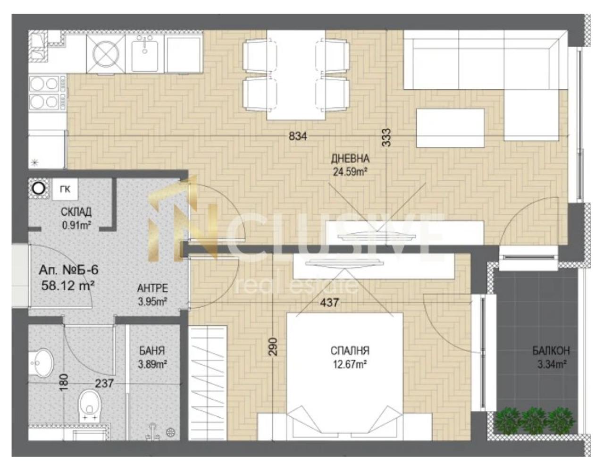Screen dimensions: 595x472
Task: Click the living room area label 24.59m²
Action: click(x=350, y=172)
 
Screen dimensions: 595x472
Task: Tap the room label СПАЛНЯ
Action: click(x=350, y=351)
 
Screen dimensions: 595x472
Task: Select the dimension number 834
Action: click(x=298, y=136)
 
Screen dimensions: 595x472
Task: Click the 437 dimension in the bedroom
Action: click(x=329, y=303)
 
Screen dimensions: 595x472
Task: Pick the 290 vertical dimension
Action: click(x=273, y=346)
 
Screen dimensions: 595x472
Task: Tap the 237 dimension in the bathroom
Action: click(x=104, y=383)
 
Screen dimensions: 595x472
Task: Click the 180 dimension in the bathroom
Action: click(x=64, y=382)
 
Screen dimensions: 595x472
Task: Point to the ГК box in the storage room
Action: click(x=65, y=189)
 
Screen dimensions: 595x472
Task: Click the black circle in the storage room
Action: click(x=39, y=189)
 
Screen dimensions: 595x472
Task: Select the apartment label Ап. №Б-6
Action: click(x=68, y=270)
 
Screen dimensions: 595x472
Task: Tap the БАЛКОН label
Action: click(x=551, y=351)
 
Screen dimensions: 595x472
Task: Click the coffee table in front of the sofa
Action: click(x=451, y=128)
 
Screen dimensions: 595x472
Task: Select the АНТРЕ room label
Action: click(x=152, y=288)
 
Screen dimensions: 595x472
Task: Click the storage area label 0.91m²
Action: click(x=76, y=225)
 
